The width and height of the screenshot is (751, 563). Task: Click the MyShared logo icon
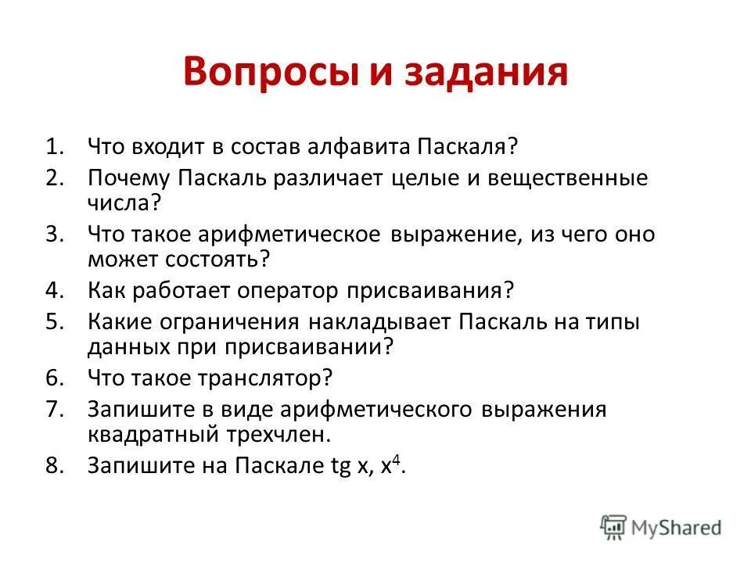[x=613, y=526]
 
